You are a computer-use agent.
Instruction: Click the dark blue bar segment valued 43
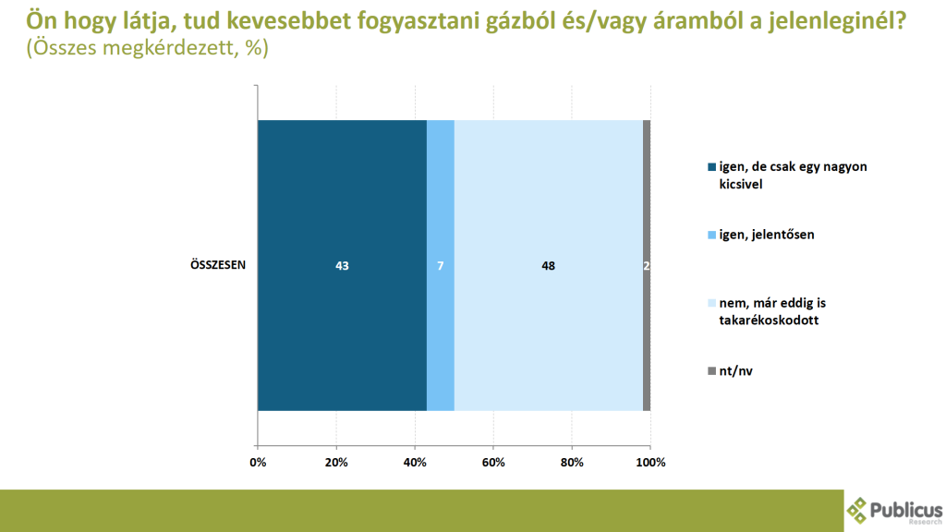[x=342, y=265]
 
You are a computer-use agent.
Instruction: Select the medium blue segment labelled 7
[x=441, y=265]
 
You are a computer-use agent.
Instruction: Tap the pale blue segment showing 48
[x=549, y=265]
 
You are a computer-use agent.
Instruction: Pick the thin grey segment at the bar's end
[x=647, y=265]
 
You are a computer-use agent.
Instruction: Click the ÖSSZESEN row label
[x=218, y=265]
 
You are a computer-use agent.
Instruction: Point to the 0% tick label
[x=258, y=463]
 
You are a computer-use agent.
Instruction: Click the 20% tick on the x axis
[x=336, y=463]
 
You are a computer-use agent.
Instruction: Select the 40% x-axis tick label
[x=415, y=463]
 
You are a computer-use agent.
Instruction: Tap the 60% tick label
[x=493, y=463]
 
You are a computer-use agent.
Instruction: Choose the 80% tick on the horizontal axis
[x=572, y=463]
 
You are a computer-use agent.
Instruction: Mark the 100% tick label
[x=650, y=463]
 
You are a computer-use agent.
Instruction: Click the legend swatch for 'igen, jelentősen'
[x=712, y=235]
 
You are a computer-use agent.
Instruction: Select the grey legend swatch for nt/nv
[x=712, y=371]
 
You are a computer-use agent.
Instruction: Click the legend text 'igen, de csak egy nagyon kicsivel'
[x=793, y=175]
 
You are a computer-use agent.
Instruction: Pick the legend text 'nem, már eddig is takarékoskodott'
[x=772, y=311]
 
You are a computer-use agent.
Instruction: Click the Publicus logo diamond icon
[x=856, y=510]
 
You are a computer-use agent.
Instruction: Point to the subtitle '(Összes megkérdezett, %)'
[x=147, y=47]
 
